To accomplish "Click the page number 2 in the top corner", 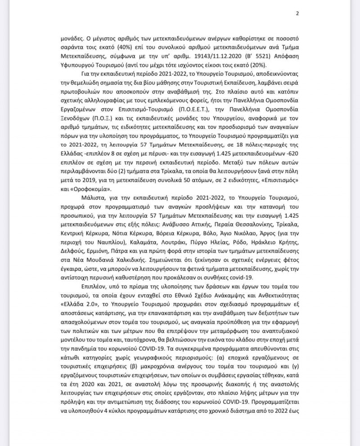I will [297, 13].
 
